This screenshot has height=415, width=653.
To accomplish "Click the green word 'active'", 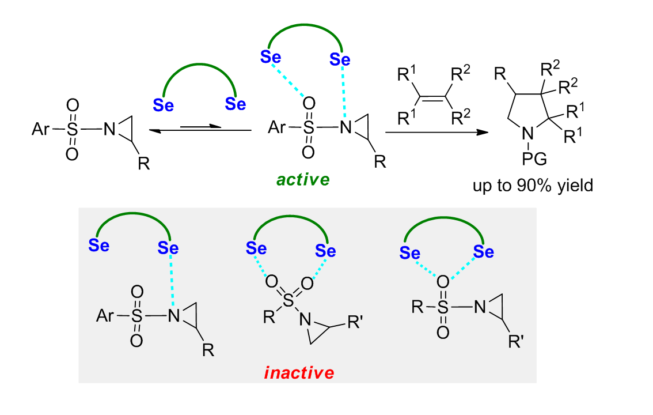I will [x=303, y=180].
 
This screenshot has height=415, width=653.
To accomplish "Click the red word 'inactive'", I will [x=299, y=373].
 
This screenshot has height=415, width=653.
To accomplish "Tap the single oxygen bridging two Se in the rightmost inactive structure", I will [x=442, y=281].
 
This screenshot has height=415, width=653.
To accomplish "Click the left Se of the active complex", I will [x=270, y=56].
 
